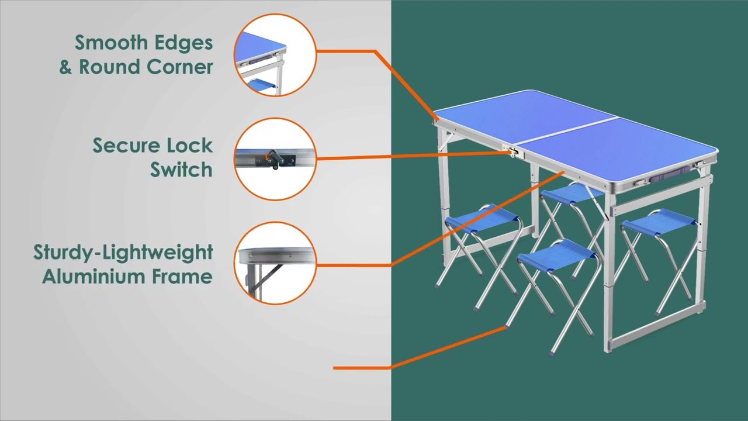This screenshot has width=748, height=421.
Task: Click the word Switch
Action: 181,170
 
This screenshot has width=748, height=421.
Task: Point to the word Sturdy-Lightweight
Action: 123,253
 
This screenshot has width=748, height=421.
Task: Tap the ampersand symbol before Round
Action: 65,67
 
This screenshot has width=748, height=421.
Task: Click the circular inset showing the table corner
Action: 275,54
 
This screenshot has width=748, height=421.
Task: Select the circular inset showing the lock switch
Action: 275,159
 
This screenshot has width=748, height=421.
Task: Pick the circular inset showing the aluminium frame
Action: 275,263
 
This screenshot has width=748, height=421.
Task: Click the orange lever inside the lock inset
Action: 269,156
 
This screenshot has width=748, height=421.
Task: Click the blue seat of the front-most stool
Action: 555,251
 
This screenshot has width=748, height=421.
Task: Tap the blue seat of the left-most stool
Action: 483,218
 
